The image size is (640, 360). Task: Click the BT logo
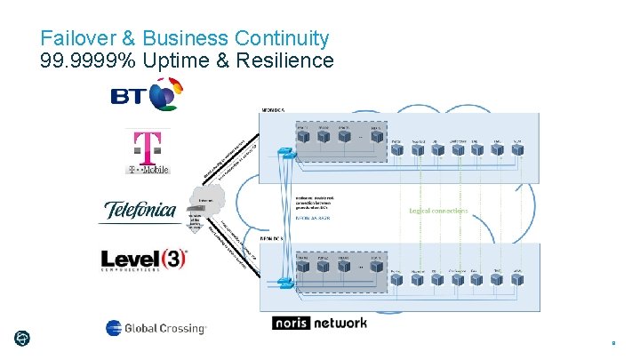[x=147, y=94]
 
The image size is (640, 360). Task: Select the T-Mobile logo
[x=148, y=152]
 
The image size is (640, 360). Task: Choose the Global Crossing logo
[x=156, y=328]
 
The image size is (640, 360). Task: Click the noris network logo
[x=319, y=323]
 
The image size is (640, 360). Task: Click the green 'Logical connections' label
[x=438, y=211]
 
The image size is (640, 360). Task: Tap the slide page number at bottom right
[x=613, y=340]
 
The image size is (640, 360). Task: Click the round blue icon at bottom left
[x=21, y=338]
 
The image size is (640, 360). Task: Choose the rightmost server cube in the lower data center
[x=517, y=276]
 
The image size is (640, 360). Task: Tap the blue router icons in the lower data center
[x=284, y=283]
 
